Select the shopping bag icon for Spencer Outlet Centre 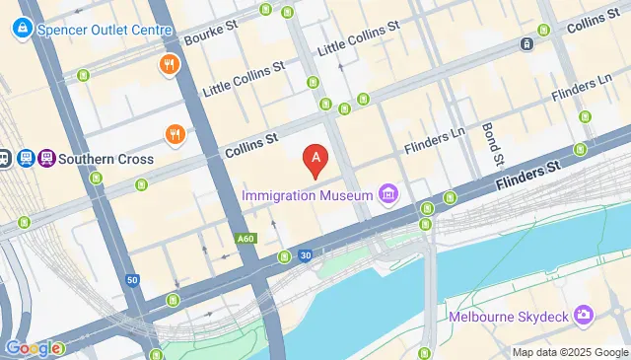pyautogui.click(x=21, y=30)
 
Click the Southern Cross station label pyautogui.click(x=106, y=159)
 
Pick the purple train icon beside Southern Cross pyautogui.click(x=46, y=158)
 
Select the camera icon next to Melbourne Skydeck pyautogui.click(x=584, y=315)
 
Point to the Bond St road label pyautogui.click(x=492, y=145)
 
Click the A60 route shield pyautogui.click(x=245, y=238)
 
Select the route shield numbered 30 pyautogui.click(x=306, y=255)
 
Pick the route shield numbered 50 pyautogui.click(x=132, y=280)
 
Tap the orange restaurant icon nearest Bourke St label pyautogui.click(x=170, y=66)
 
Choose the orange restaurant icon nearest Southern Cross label pyautogui.click(x=175, y=133)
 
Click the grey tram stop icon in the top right pyautogui.click(x=527, y=43)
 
